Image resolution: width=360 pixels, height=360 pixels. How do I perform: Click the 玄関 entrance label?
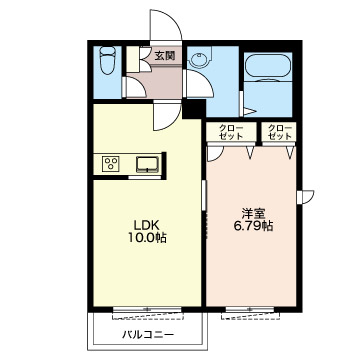coord(165,56)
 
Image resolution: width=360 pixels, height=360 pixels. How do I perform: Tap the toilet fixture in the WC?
coord(107,60)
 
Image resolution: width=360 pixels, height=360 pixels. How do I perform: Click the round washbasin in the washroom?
coord(199,59)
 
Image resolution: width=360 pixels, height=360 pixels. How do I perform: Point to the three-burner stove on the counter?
coord(111,164)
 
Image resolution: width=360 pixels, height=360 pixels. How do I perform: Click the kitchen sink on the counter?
coord(147,164)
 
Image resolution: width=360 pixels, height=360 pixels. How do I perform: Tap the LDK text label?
coord(143,224)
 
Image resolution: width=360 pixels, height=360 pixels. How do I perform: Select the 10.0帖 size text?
coord(147,238)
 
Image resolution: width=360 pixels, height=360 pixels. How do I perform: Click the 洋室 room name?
coord(253,213)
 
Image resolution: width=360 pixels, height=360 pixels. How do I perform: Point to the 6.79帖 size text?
coord(253,226)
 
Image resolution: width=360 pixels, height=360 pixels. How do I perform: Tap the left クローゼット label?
coord(231,132)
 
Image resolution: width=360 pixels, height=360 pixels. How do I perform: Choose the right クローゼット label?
coord(280,132)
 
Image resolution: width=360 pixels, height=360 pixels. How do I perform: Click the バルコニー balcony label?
coord(148,334)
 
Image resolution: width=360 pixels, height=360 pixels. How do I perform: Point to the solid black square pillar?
coord(194,109)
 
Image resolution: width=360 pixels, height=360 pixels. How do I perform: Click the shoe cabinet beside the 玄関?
coord(132,59)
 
